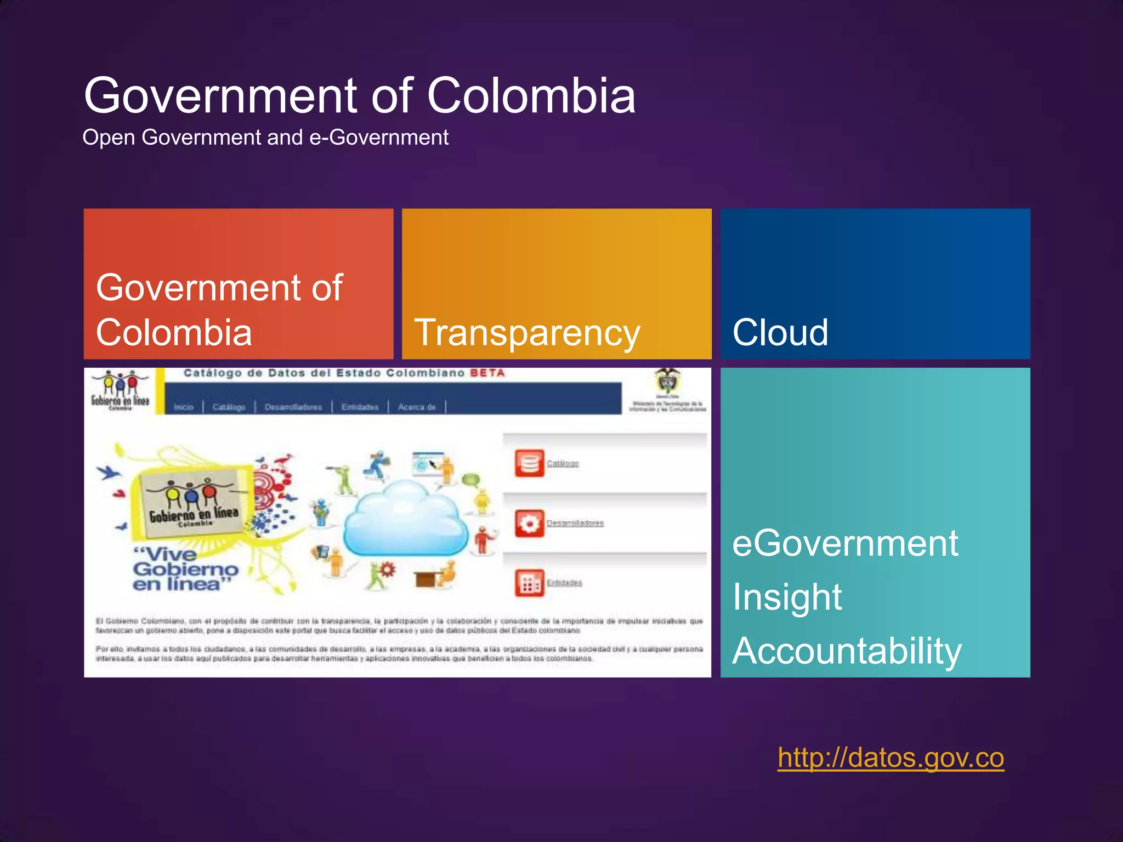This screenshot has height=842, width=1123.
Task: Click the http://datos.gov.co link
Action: [x=891, y=758]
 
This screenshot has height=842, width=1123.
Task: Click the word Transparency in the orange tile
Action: [x=527, y=333]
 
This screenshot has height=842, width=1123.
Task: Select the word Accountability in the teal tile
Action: [x=847, y=651]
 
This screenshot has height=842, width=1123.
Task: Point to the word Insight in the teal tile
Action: [x=787, y=597]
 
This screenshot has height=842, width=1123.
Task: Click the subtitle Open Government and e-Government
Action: [x=265, y=137]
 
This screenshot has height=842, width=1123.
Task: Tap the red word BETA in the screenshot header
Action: [x=487, y=373]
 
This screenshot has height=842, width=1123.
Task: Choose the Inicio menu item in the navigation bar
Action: [x=184, y=407]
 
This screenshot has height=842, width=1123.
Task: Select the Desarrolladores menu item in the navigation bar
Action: [x=293, y=407]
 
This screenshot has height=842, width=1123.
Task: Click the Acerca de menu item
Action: [x=417, y=407]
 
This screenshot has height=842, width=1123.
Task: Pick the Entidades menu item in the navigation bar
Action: [x=360, y=407]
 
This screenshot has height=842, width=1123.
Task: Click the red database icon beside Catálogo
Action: [x=529, y=464]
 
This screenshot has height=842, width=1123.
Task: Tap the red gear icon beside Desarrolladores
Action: [x=529, y=524]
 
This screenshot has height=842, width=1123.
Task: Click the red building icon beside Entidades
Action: [x=529, y=583]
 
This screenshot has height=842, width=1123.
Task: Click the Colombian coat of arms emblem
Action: [x=667, y=380]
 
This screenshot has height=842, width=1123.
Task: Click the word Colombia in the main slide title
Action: [x=531, y=96]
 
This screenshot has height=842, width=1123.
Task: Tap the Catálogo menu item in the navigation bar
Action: [x=229, y=407]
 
